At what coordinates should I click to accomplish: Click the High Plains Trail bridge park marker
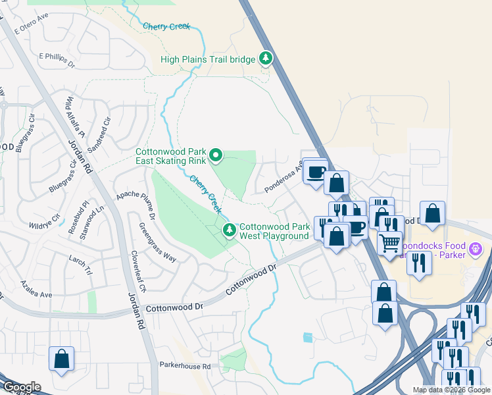pyautogui.click(x=266, y=59)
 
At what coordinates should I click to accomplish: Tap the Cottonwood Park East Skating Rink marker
pyautogui.click(x=216, y=155)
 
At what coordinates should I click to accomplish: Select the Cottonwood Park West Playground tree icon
pyautogui.click(x=230, y=230)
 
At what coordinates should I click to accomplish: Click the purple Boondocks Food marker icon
pyautogui.click(x=477, y=249)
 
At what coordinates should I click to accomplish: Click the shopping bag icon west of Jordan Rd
pyautogui.click(x=61, y=359)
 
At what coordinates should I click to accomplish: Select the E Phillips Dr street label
pyautogui.click(x=58, y=60)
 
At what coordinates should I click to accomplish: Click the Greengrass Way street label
pyautogui.click(x=158, y=242)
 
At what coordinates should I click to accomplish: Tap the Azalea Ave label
pyautogui.click(x=36, y=292)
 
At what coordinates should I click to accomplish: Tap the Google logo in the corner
pyautogui.click(x=21, y=386)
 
